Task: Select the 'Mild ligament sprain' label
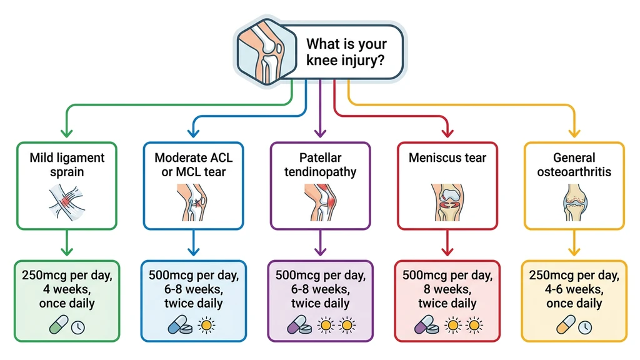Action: [x=67, y=164]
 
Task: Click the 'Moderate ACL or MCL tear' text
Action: [x=194, y=164]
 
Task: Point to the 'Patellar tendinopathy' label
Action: [x=320, y=164]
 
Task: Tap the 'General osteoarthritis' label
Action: [x=573, y=164]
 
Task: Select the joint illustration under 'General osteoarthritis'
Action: [x=573, y=201]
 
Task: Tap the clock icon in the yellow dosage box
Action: [x=584, y=326]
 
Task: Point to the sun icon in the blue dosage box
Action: [x=206, y=326]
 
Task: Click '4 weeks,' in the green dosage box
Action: [x=67, y=289]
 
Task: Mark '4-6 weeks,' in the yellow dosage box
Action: [x=573, y=289]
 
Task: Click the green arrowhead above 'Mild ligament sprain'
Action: [x=67, y=132]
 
